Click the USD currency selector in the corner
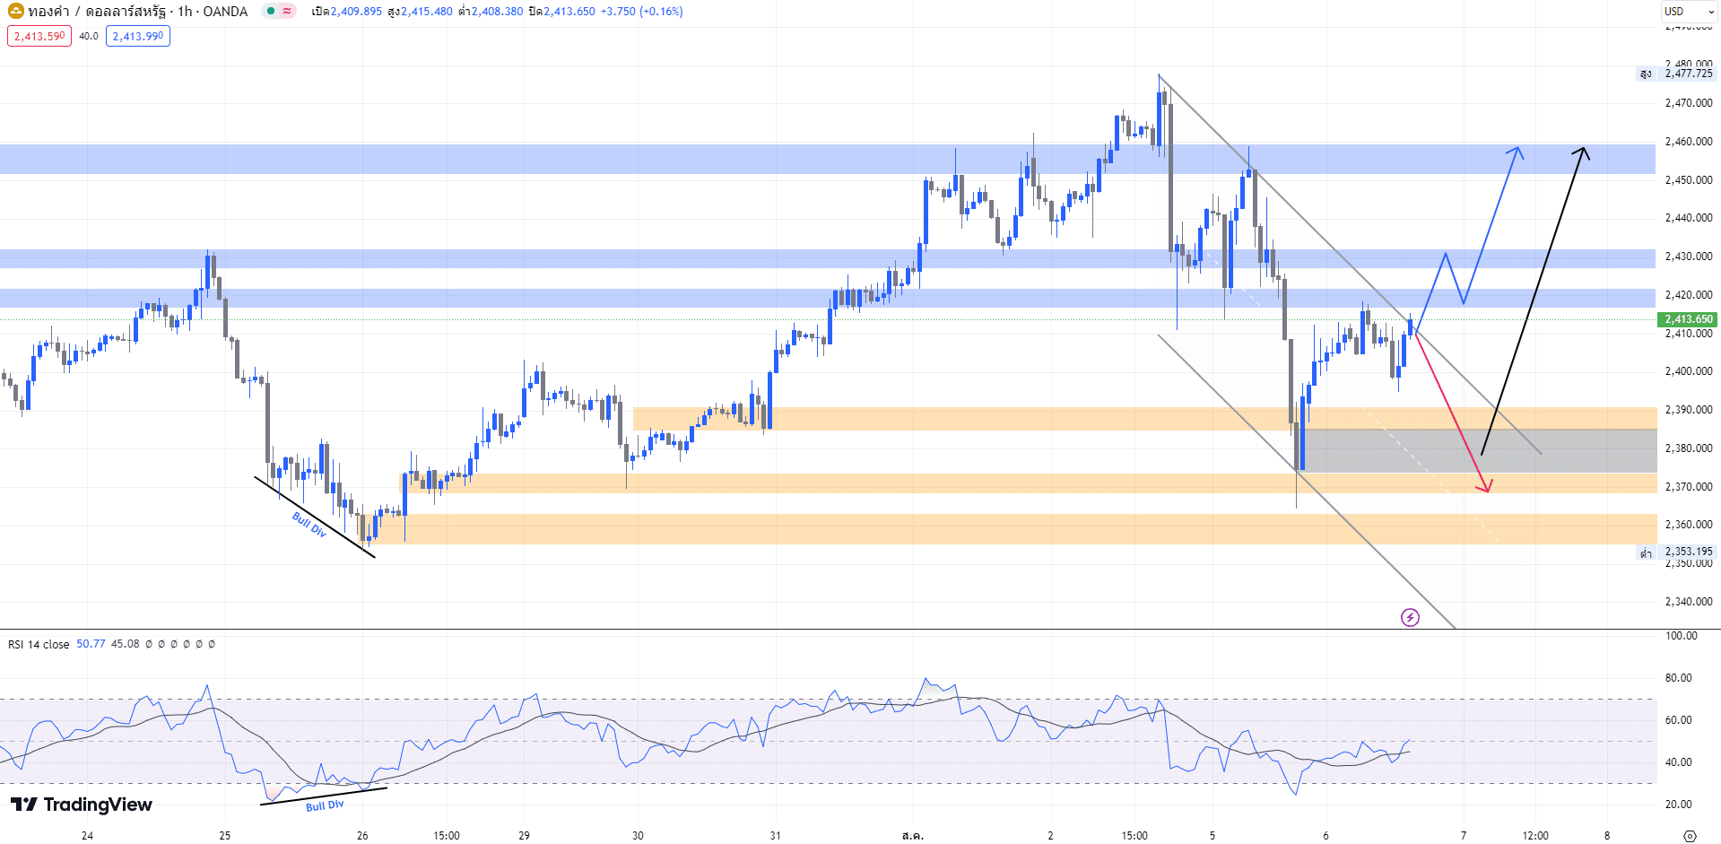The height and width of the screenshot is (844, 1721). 1673,12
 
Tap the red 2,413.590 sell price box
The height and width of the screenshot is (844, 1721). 39,37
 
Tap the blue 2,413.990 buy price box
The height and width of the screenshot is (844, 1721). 138,37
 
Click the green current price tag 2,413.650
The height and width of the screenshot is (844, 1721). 1689,319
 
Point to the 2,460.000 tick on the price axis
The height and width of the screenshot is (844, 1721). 1688,142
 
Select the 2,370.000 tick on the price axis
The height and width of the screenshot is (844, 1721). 1688,487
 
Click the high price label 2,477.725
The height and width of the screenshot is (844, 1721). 1688,74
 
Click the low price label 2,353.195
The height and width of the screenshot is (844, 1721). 1688,552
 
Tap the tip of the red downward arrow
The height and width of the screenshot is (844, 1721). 1488,491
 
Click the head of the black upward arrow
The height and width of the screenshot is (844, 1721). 1584,149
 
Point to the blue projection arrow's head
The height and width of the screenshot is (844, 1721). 1517,149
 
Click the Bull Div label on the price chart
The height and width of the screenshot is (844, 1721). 309,524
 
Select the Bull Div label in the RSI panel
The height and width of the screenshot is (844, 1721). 325,805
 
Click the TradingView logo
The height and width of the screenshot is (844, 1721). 82,805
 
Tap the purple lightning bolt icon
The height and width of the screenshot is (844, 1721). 1410,617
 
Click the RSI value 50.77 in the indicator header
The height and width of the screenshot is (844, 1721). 91,644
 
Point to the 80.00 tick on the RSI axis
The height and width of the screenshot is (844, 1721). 1678,678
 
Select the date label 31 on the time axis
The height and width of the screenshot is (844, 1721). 775,835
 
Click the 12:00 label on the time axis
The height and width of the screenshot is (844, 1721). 1535,835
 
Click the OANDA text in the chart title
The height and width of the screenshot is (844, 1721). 225,12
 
